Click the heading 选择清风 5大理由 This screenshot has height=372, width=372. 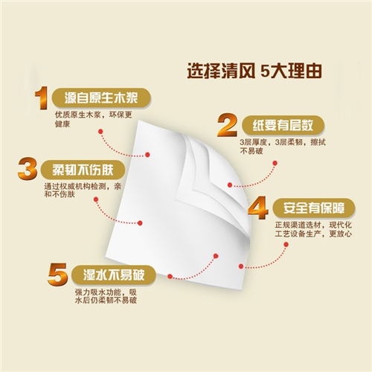coord(254,71)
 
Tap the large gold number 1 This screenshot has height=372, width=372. coord(42,98)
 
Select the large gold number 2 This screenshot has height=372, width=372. coord(228,126)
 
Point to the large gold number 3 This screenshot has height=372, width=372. coord(28,170)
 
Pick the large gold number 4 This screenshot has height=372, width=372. coord(258,208)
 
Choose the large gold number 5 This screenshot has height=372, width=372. coord(57,275)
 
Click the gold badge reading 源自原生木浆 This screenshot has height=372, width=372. coord(101,98)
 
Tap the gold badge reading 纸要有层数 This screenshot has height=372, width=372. coord(283,126)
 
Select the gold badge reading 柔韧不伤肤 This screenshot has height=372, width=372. coord(83,170)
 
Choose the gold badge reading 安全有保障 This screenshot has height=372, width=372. coord(314,208)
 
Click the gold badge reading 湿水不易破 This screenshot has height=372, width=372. coord(114,275)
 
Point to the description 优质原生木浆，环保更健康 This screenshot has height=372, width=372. coord(93,119)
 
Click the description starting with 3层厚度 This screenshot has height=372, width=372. coord(283,147)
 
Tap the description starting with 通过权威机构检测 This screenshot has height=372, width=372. coord(83,190)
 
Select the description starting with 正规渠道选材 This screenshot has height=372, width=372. coord(313,229)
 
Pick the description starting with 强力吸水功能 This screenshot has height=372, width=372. coord(106,296)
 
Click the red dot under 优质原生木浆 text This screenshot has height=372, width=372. coord(100,132)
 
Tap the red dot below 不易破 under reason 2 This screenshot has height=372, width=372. coord(275,163)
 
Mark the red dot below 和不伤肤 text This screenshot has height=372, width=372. coord(96,199)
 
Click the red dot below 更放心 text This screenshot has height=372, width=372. coord(286,245)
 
